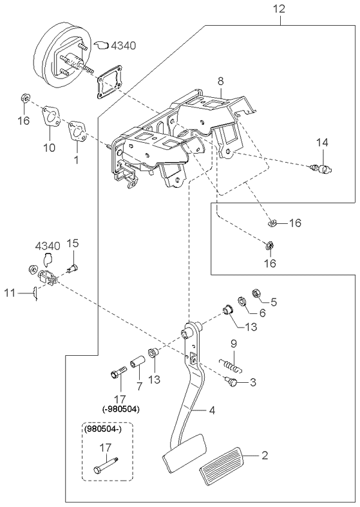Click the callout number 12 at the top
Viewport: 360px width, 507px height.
click(x=279, y=8)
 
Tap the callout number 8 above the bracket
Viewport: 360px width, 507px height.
click(x=220, y=81)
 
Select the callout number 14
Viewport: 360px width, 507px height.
click(x=322, y=142)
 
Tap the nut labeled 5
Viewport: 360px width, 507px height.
click(x=256, y=293)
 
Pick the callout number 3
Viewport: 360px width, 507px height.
click(x=252, y=382)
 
